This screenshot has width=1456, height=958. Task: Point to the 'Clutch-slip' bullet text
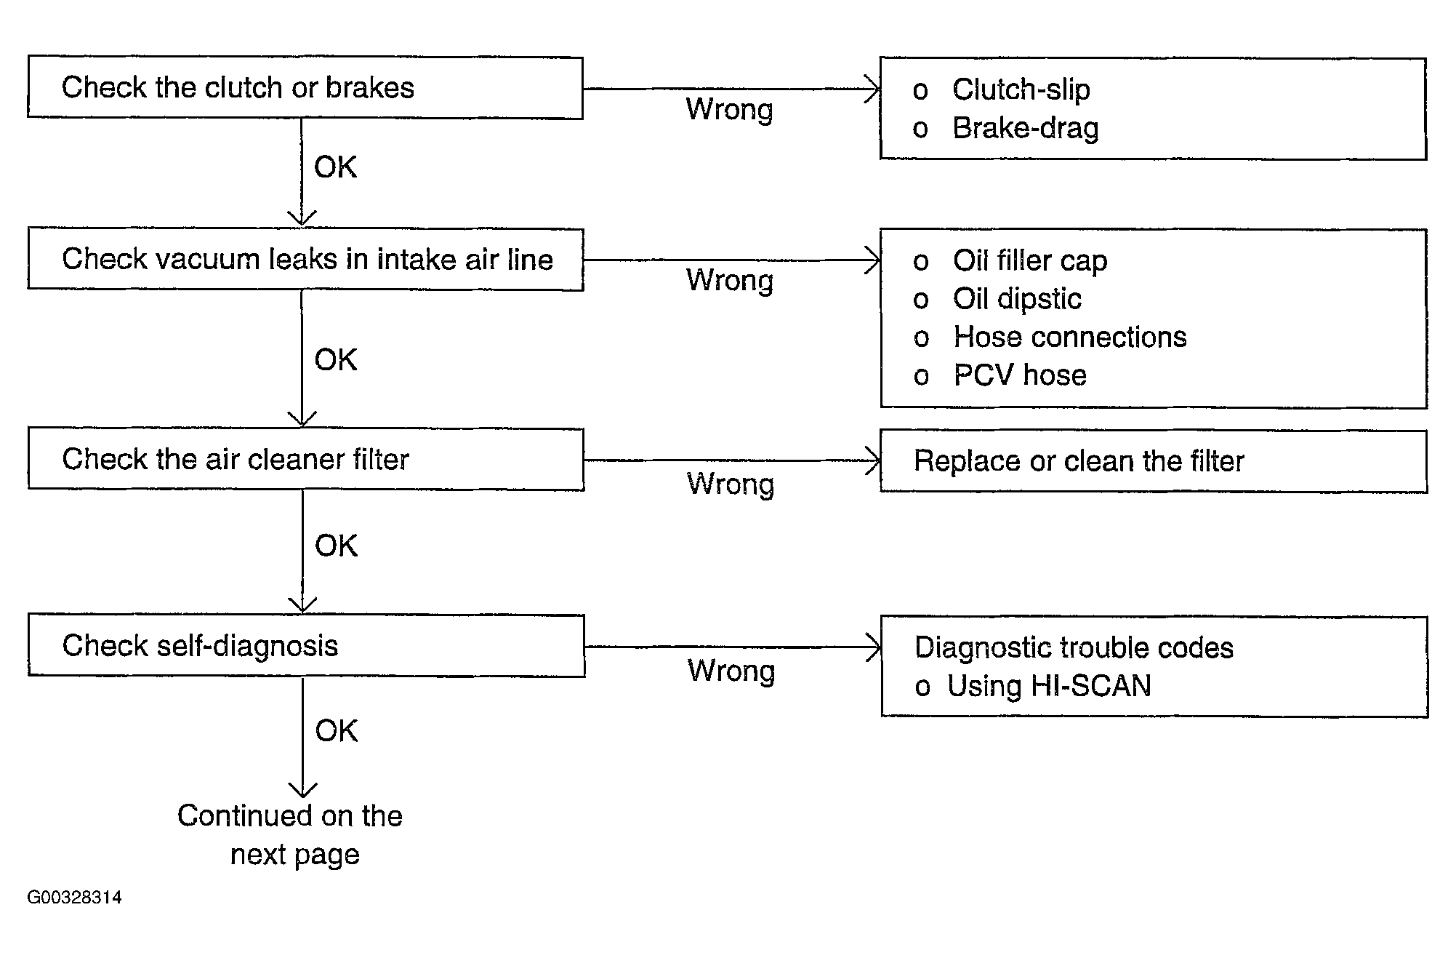click(x=1021, y=89)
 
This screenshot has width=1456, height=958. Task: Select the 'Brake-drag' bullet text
click(x=1025, y=128)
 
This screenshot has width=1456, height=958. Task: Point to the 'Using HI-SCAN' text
click(x=1049, y=686)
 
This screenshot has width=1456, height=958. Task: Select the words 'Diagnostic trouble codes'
click(x=1074, y=647)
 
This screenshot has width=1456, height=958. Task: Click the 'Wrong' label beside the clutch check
click(x=729, y=110)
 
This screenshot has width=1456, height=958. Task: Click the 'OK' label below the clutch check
click(x=335, y=167)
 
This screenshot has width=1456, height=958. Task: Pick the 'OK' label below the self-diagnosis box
click(x=337, y=730)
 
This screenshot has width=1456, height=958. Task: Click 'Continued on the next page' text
click(x=290, y=835)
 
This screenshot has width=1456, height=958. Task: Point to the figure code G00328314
click(x=74, y=897)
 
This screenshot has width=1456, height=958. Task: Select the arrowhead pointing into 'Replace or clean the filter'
click(x=873, y=460)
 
